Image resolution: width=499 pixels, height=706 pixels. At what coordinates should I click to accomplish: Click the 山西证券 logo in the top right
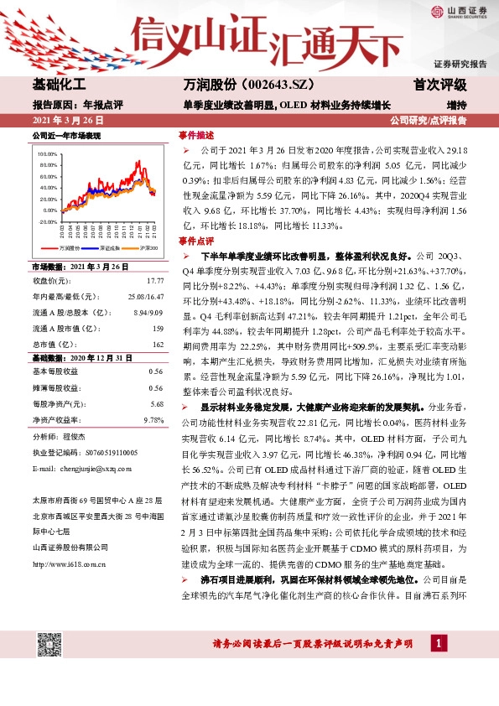point(460,11)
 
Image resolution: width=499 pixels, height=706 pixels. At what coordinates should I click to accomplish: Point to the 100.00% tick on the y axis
point(47,155)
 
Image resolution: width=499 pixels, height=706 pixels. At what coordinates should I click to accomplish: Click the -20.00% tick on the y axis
point(47,222)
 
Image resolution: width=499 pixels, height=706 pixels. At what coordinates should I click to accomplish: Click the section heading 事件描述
point(196,135)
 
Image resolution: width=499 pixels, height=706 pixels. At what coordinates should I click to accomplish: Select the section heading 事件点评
point(196,240)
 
